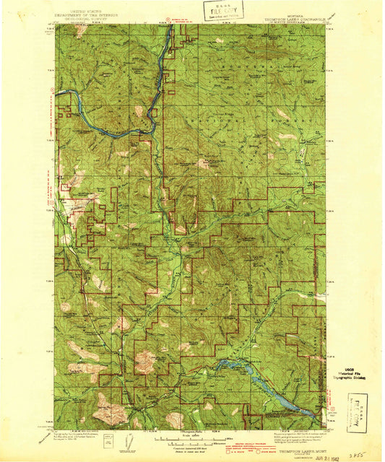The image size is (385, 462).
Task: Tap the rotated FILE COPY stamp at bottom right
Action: pyautogui.click(x=359, y=407)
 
